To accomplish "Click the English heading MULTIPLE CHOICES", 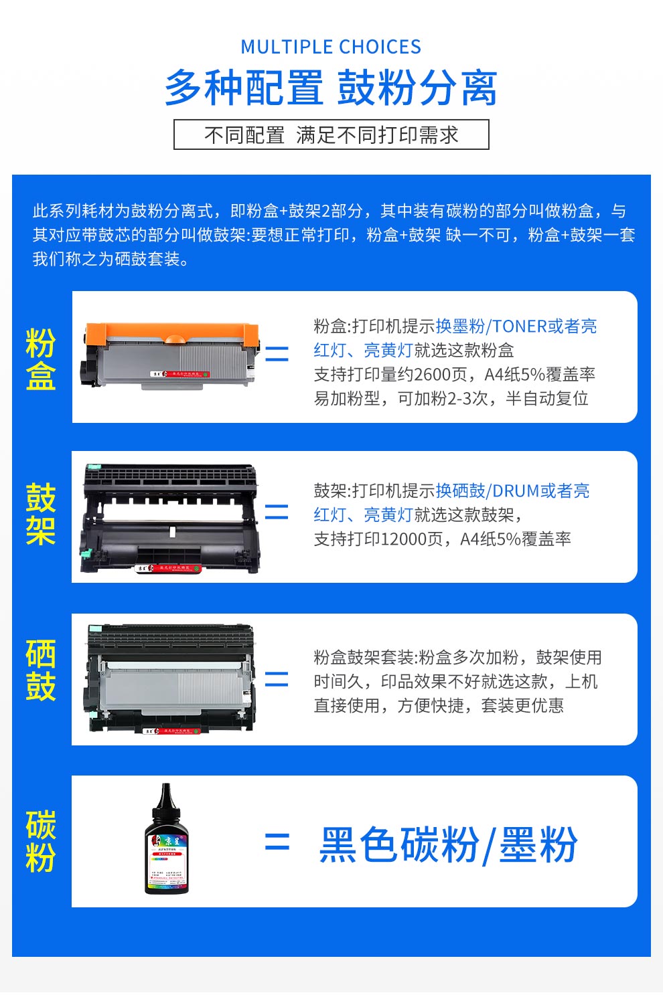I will pos(331,47).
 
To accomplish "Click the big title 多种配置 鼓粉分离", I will pos(331,88).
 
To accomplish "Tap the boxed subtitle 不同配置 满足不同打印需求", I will pos(331,135).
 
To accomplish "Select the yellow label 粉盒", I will pos(40,359).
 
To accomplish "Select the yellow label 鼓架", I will pos(40,515).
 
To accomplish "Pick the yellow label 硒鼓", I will pos(40,670).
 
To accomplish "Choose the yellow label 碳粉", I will pos(40,841).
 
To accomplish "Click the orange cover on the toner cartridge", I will pos(171,333).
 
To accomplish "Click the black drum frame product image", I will pos(169,518).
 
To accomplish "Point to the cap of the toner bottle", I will pos(166,796).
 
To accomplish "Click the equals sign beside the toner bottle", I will pos(277,842).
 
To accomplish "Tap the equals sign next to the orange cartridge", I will pos(277,353).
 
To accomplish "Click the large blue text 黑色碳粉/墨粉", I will pos(448,844).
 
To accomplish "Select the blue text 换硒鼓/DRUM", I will pos(487,491).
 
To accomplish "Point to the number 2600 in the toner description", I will pos(433,375).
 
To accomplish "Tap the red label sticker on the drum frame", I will pos(169,568).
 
